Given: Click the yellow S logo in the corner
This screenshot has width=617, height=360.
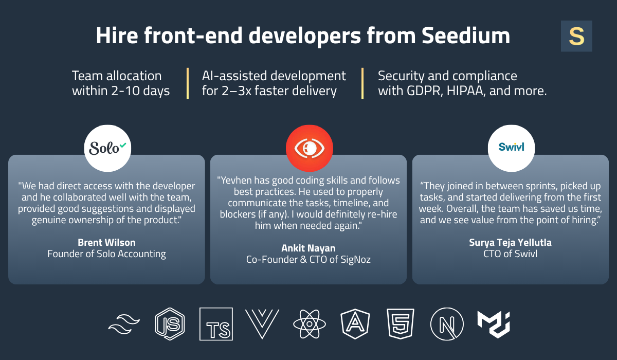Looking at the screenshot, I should (576, 36).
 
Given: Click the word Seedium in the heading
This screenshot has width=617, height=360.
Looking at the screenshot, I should (466, 36).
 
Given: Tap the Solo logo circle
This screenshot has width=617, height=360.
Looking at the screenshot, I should (107, 148).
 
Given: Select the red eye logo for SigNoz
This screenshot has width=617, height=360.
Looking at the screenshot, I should (309, 148).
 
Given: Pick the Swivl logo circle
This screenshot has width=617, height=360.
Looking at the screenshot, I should (511, 148).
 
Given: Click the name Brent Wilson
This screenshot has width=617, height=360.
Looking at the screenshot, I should (106, 242).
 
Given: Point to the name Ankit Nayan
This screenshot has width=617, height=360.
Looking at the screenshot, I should (308, 248).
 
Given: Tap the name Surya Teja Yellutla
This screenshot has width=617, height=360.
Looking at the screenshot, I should (511, 242).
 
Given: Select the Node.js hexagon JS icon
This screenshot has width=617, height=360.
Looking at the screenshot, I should (170, 324).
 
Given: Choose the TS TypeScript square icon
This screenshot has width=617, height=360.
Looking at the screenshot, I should (216, 324).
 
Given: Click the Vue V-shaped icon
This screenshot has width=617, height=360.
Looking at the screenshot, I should (262, 324).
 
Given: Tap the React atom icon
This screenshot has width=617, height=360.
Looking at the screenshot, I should (309, 324).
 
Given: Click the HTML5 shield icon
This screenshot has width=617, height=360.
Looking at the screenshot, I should (401, 324).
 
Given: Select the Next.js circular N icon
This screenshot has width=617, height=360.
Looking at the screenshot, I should (446, 324).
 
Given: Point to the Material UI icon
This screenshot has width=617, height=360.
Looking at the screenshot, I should (493, 323).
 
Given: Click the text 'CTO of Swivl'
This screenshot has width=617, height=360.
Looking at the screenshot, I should (511, 254).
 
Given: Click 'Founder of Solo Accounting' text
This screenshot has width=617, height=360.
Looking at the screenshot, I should (106, 254).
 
